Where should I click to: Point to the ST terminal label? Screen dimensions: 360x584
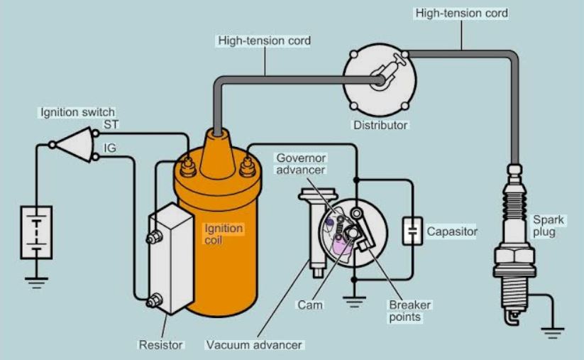pos(112,124)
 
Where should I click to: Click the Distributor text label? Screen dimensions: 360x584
pos(381,126)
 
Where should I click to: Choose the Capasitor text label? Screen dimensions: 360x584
pos(452,231)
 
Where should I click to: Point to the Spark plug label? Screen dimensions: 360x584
pos(544,225)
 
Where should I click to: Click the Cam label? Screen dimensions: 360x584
pos(310,305)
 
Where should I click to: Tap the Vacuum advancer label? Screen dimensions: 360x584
pos(254,345)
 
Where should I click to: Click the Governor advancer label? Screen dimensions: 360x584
pos(301,163)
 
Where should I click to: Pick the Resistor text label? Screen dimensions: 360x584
pos(161,345)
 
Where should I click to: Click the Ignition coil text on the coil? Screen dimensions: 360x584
pos(224,235)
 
